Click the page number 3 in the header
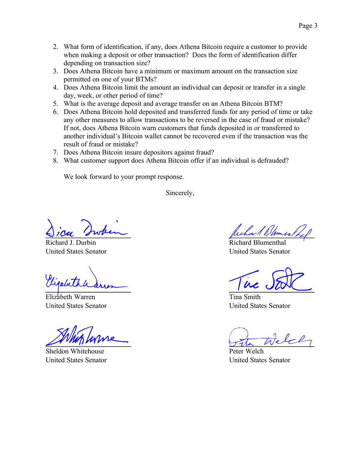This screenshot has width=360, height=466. click(x=316, y=26)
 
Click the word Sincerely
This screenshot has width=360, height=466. click(x=179, y=193)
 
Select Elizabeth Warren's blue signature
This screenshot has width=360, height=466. click(x=83, y=282)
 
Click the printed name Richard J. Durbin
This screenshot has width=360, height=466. click(x=71, y=243)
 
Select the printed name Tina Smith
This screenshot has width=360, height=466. click(x=245, y=297)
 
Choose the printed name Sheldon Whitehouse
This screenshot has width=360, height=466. click(x=75, y=351)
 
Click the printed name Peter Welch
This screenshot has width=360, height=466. click(x=246, y=351)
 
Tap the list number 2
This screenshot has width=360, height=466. click(x=56, y=47)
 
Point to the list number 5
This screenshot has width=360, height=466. click(x=56, y=104)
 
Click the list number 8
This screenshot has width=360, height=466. click(x=56, y=160)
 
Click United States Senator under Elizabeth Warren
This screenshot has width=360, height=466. click(x=76, y=306)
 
